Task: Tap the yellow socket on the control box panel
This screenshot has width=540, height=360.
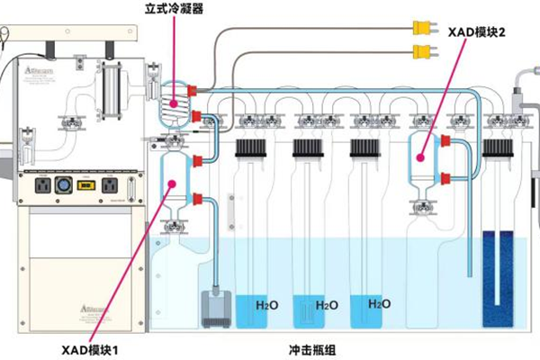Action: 87,185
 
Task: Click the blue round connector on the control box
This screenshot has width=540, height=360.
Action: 64,185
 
